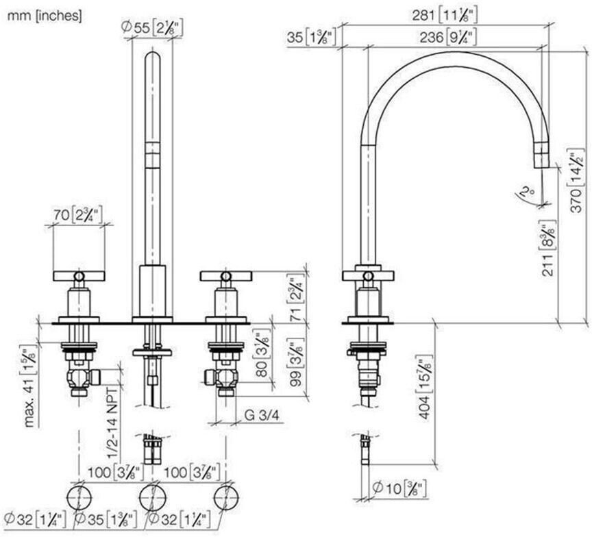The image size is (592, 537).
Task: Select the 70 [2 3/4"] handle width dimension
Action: coord(77,214)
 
